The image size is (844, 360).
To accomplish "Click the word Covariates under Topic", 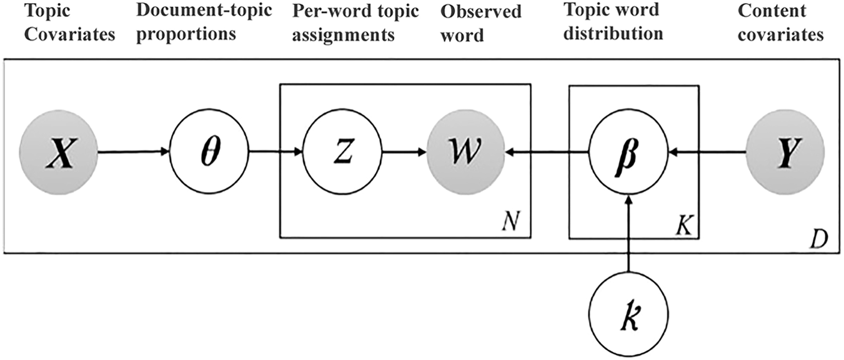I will point(58,34).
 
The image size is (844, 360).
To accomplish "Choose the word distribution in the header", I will point(612,32).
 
